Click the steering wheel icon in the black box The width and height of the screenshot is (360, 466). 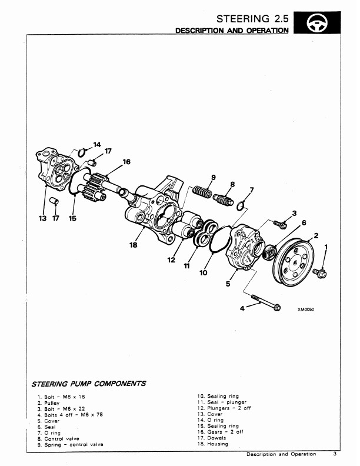317,23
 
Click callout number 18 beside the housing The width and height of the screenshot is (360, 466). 134,245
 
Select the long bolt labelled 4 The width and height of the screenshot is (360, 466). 266,302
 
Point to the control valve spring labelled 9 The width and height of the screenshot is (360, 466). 202,191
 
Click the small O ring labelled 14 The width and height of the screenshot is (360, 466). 82,152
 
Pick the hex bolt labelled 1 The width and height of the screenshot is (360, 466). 319,273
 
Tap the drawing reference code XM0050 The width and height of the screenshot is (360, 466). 306,309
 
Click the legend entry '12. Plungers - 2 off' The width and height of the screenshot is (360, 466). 224,408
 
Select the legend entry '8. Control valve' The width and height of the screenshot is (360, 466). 58,439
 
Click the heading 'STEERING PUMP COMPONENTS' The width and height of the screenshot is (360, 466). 89,384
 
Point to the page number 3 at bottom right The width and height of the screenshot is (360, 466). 335,454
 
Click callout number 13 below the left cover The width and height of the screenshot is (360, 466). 43,218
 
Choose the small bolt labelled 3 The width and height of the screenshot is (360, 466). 280,224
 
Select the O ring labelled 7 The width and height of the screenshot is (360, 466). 241,206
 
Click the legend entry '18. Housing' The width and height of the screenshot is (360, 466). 213,444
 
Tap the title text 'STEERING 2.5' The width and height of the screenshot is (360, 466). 252,19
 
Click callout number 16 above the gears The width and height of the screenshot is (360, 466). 126,162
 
